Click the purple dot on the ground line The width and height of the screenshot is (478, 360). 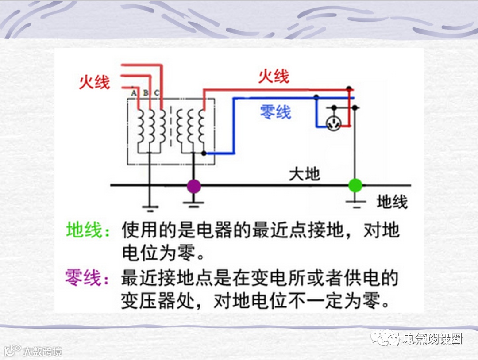click(x=193, y=186)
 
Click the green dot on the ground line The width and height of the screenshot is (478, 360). click(x=355, y=185)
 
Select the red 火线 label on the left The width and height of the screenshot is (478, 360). click(x=94, y=82)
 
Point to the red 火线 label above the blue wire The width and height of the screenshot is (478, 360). click(x=274, y=77)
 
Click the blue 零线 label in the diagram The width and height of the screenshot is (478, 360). click(x=276, y=112)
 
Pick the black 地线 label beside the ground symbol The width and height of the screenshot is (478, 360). click(x=392, y=202)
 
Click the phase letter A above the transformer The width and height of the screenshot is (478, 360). click(x=134, y=93)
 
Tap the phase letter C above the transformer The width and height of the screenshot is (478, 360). click(x=157, y=93)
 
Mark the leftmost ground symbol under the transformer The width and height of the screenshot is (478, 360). click(x=150, y=207)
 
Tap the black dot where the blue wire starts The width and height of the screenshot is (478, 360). click(x=204, y=153)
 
